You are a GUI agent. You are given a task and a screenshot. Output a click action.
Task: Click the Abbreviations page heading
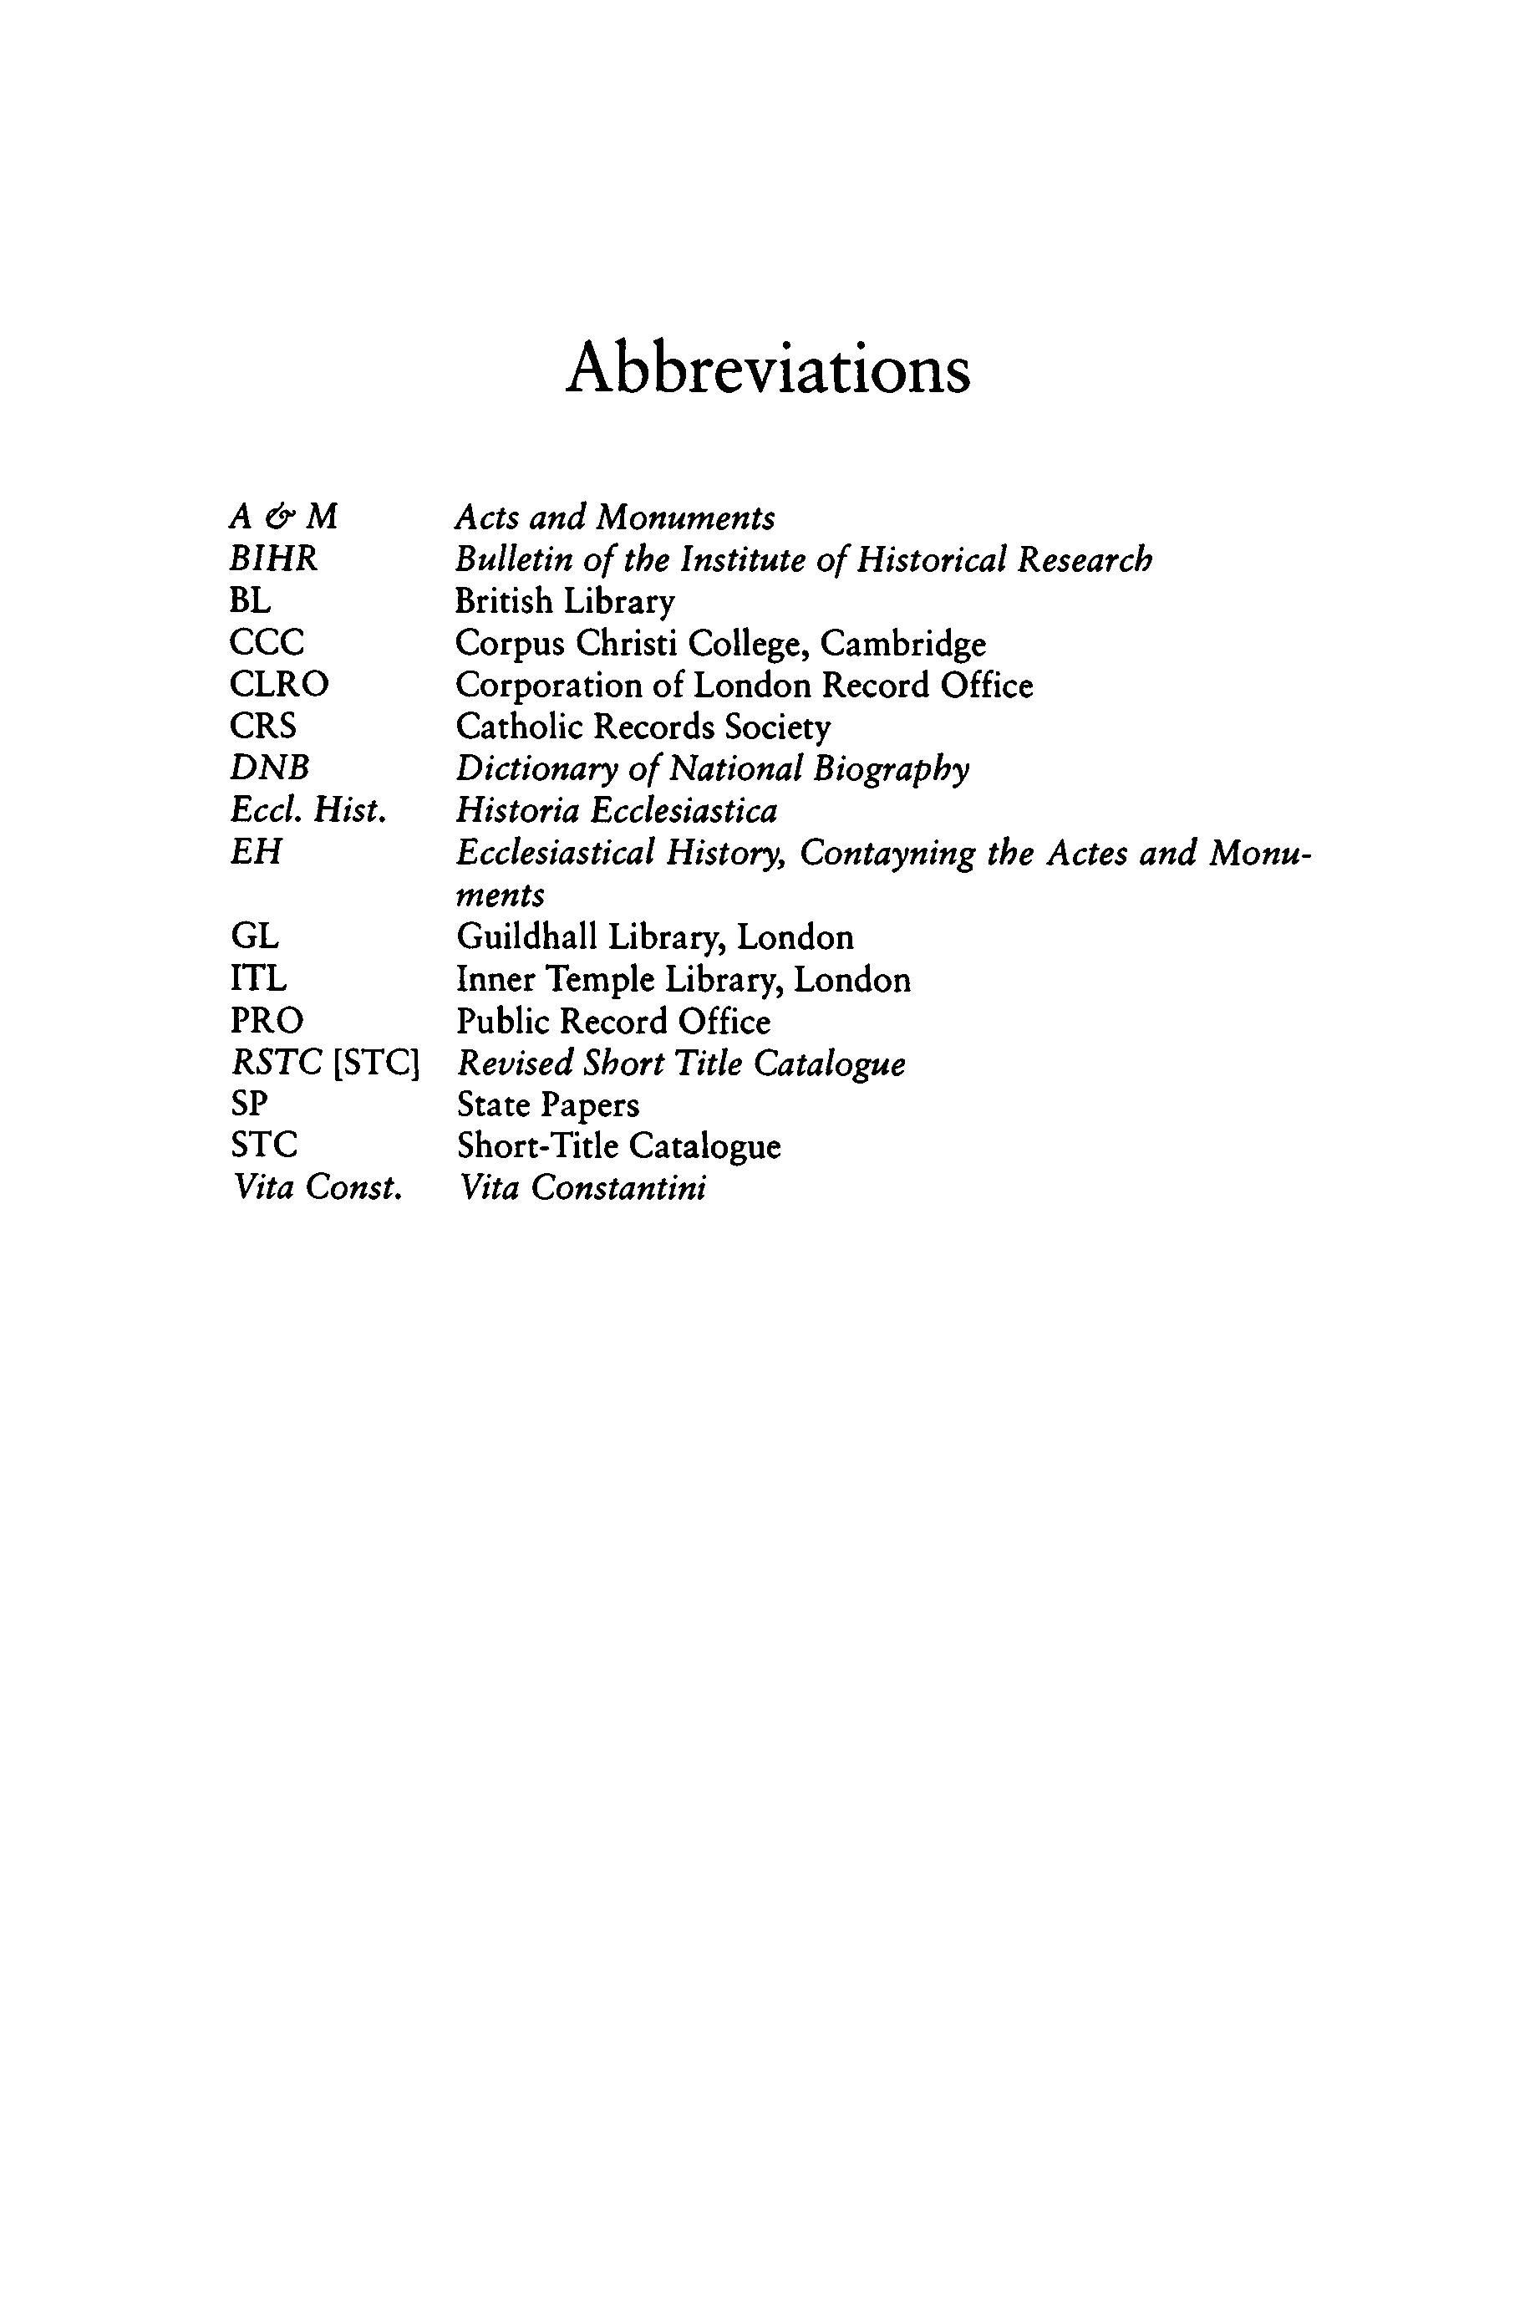pyautogui.click(x=768, y=370)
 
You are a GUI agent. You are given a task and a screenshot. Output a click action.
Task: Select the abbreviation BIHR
pyautogui.click(x=273, y=559)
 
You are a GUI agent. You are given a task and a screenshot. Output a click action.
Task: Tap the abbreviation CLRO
pyautogui.click(x=279, y=684)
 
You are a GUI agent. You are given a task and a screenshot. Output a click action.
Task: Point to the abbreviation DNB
pyautogui.click(x=269, y=768)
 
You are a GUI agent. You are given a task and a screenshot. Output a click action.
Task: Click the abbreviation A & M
pyautogui.click(x=283, y=517)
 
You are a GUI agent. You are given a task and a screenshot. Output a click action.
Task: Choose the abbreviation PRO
pyautogui.click(x=267, y=1021)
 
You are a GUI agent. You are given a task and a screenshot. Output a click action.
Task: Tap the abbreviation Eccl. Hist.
pyautogui.click(x=307, y=811)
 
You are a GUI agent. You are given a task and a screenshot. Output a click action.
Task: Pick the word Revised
pyautogui.click(x=516, y=1064)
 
